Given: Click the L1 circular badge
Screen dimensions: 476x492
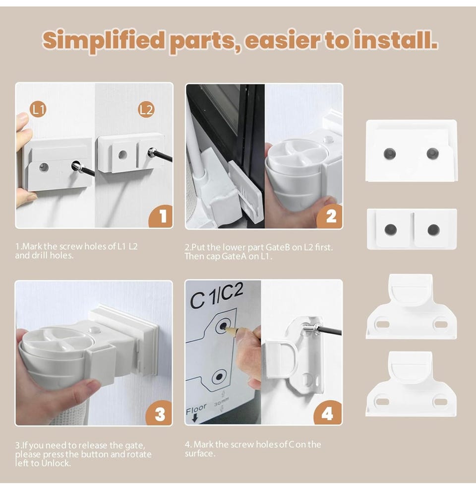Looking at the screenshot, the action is pos(38,110).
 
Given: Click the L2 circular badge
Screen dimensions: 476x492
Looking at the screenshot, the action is pos(146,110).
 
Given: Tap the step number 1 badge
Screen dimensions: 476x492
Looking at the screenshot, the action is pos(161,216).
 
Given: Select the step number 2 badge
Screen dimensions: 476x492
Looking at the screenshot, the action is pos(330,216).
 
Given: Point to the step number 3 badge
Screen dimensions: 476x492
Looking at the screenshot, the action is pos(159,413).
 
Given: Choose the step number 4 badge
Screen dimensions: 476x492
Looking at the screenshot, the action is pos(328,413).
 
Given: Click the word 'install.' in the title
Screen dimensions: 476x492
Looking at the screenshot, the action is pos(396,40).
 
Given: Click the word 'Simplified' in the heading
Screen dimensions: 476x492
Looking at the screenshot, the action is pos(104,41).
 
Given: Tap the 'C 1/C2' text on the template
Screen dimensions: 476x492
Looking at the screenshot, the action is pos(216,295).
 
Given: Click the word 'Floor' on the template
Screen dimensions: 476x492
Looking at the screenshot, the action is pos(196,409).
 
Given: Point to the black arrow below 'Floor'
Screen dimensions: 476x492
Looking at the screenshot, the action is pos(194,418).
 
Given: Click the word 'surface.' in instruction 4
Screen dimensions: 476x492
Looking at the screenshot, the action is pos(200,453).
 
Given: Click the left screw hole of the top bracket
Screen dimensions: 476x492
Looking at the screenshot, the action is pos(390,153).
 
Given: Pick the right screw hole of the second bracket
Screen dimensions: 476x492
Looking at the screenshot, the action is pos(433,230).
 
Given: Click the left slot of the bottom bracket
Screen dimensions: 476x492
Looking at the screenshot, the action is pos(382,401).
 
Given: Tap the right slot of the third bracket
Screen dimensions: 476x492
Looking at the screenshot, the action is pos(440,324).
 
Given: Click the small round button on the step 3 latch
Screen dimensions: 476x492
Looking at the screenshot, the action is pos(93,330).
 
